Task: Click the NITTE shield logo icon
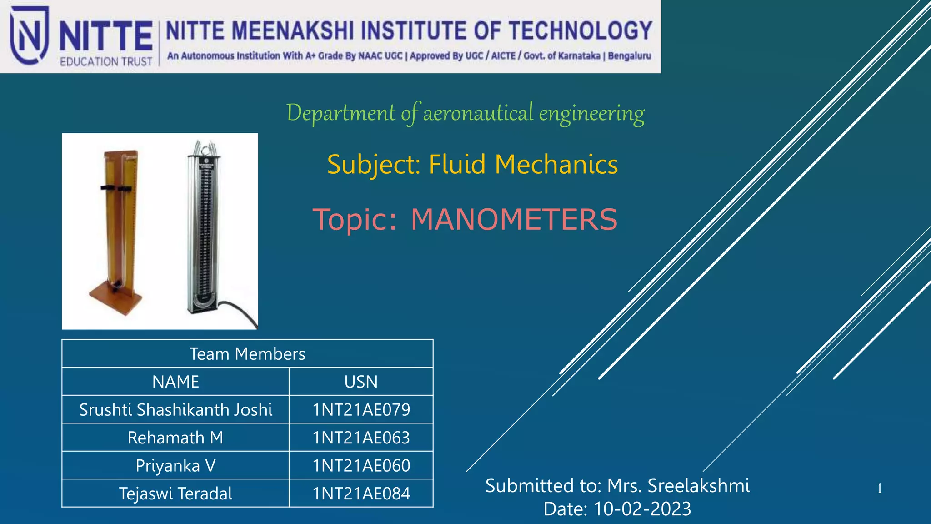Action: click(29, 35)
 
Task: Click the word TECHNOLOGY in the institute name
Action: click(581, 31)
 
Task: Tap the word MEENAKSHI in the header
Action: click(293, 31)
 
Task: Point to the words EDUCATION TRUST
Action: click(106, 61)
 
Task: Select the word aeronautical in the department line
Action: click(478, 113)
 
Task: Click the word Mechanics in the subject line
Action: click(556, 164)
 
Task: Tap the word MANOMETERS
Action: click(514, 220)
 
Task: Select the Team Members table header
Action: click(247, 354)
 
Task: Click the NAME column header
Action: click(175, 382)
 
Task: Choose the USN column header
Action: click(361, 382)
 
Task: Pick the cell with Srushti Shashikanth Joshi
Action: click(175, 410)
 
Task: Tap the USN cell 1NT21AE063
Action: click(361, 438)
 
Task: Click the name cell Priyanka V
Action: click(175, 466)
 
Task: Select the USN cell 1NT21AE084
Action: click(361, 494)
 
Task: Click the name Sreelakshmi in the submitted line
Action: click(698, 486)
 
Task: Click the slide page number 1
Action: click(880, 489)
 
